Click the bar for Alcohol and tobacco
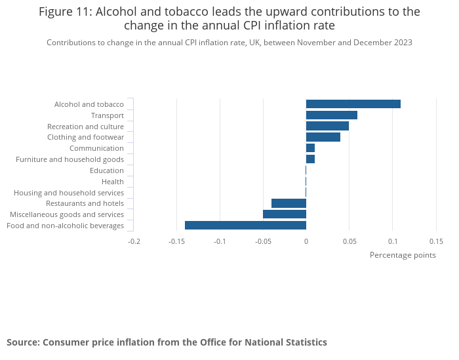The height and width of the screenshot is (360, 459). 353,104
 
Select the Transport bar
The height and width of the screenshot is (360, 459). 331,115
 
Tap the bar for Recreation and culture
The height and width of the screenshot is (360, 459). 327,126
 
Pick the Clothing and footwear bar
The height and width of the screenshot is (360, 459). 323,137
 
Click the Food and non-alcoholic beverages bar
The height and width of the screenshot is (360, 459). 245,225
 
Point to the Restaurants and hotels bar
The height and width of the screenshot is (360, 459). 289,203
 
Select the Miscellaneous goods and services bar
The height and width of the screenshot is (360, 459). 284,214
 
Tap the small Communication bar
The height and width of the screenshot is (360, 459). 310,148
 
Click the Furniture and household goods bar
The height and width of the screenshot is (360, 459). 310,159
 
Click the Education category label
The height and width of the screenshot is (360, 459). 107,170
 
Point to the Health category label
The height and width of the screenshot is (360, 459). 113,182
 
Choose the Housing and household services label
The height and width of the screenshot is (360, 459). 69,193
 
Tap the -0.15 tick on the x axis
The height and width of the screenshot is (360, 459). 176,241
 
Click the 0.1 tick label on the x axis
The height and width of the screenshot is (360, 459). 392,241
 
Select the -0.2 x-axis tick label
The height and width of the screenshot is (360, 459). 133,241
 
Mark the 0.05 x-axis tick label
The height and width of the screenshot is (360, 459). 349,241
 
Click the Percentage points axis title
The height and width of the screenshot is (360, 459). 403,255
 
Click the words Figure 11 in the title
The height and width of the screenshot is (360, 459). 65,12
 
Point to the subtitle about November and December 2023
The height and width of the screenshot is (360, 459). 229,43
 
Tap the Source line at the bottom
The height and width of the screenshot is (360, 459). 167,342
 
